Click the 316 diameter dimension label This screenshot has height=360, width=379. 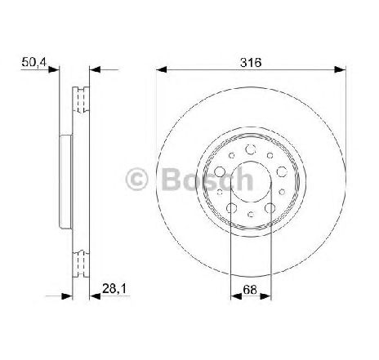251,63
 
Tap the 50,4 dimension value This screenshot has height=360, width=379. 33,62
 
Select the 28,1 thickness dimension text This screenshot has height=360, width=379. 114,288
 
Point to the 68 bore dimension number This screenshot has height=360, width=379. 250,290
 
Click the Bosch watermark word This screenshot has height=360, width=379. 208,180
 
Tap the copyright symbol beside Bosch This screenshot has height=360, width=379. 136,180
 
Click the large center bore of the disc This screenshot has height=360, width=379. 251,181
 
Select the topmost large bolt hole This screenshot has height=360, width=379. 251,149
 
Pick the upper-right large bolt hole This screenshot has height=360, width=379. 282,171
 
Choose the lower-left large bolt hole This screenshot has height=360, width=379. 231,208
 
